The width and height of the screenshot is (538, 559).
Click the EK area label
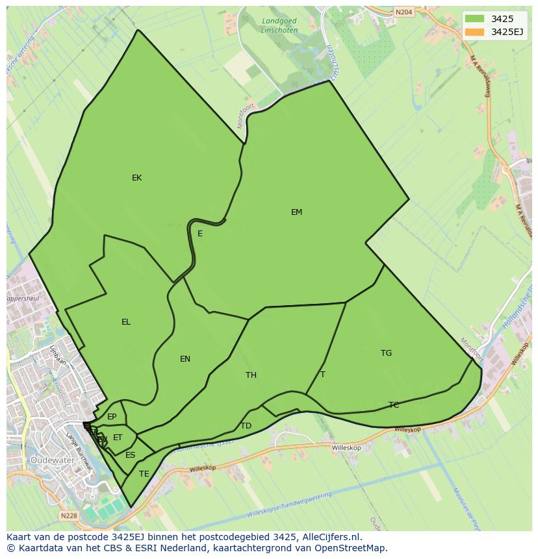[136, 178]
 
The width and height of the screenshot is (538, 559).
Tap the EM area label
[296, 212]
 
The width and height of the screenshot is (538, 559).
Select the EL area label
[126, 322]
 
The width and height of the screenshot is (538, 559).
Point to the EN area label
[185, 359]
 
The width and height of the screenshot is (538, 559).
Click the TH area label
[251, 375]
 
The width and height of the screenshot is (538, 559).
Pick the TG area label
[386, 353]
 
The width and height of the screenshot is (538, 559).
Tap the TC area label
[394, 405]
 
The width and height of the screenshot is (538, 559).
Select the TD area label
[246, 426]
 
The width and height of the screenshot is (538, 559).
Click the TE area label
[144, 474]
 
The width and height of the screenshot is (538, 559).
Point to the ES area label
[131, 455]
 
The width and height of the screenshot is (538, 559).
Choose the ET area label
[118, 438]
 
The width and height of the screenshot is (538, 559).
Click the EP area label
[112, 417]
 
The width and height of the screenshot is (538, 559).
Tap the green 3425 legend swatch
[474, 19]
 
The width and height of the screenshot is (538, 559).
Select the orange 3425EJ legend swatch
[474, 32]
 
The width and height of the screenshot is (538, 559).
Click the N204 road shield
[403, 12]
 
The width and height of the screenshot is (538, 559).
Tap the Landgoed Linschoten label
[279, 25]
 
